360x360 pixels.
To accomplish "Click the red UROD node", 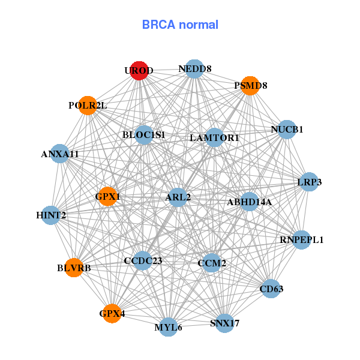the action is pos(139,70).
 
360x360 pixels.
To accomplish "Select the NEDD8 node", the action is pos(194,69).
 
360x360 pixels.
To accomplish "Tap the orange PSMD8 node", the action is pos(250,86).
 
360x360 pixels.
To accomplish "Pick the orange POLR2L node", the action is pos(88,106).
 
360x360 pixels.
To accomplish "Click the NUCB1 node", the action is pos(287,129).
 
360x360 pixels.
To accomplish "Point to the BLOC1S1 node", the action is pos(144,135).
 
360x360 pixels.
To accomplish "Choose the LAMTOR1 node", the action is pos(214,137).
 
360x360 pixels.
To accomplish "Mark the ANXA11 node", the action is pos(59,154).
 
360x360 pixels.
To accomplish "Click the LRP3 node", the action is pos(308,182).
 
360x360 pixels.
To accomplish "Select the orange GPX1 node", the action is pos(107,196).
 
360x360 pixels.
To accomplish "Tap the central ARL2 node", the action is pos(178,197).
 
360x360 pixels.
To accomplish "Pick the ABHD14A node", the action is pos(250,202).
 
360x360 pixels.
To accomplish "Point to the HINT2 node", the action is pos(50,215).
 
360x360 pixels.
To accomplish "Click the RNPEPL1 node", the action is pos(301,240).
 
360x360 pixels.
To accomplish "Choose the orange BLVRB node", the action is pos(74,268).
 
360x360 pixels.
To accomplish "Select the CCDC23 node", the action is pos(143,260).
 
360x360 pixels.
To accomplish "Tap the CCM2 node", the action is pos(211,262).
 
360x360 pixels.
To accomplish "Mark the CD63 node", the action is pos(271,289).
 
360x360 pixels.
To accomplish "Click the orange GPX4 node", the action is pos(112,313).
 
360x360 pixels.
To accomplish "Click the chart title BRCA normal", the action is pos(180,25).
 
